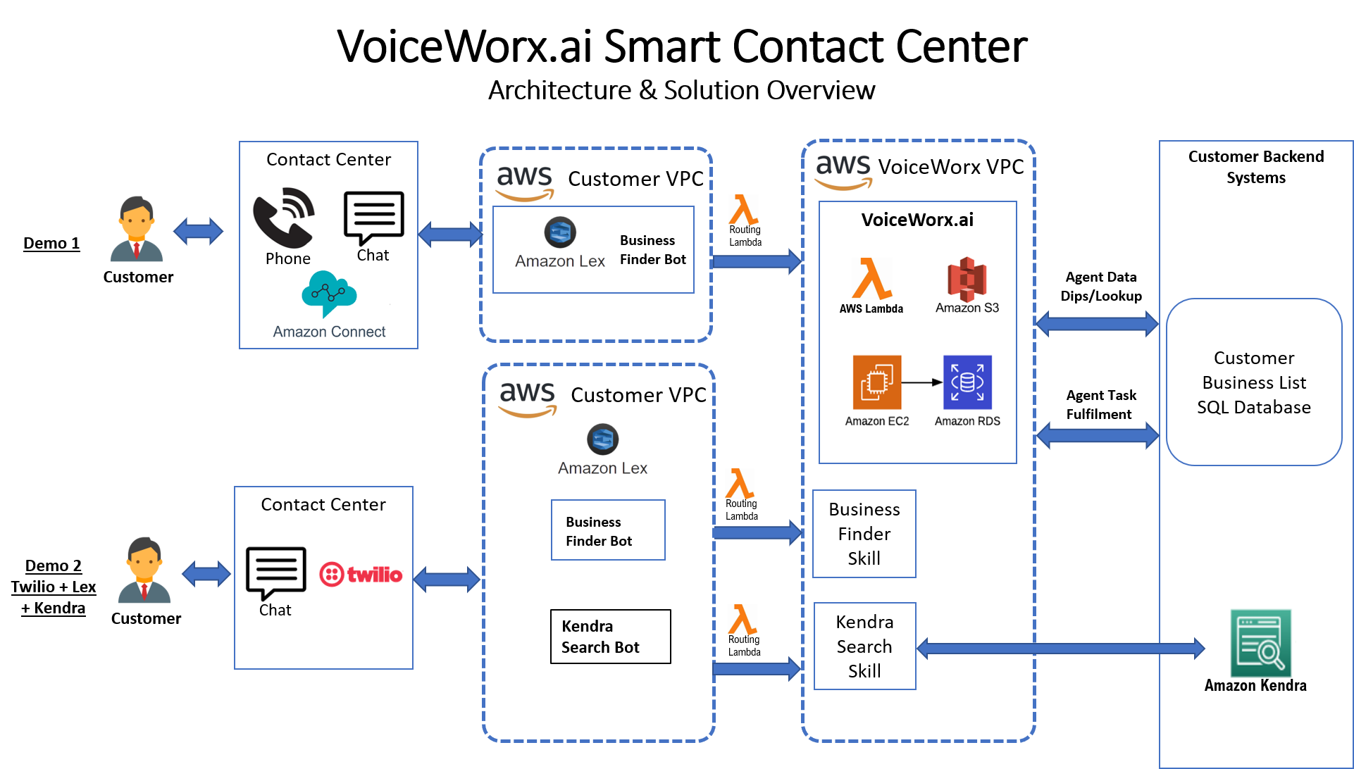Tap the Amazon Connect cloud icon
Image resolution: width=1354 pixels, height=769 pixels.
click(x=329, y=293)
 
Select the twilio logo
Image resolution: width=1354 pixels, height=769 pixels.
click(x=361, y=574)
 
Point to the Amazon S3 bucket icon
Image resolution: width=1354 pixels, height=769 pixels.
click(x=967, y=279)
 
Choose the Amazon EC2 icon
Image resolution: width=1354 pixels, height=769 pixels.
click(x=877, y=382)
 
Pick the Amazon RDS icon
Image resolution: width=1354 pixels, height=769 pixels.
click(x=967, y=382)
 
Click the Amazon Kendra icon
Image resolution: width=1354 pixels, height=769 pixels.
click(x=1260, y=643)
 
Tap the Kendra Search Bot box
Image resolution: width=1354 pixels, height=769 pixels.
click(x=610, y=637)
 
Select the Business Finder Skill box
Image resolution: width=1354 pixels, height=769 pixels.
click(x=864, y=534)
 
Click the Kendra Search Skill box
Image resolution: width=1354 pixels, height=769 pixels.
click(x=864, y=646)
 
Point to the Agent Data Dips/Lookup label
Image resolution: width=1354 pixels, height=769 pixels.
click(x=1101, y=287)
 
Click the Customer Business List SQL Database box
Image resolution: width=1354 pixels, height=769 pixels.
click(x=1254, y=382)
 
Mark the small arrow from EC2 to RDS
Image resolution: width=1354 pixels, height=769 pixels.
click(x=921, y=382)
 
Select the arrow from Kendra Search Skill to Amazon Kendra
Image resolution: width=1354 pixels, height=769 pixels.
click(x=1060, y=648)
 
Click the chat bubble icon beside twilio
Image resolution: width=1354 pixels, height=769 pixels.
click(x=275, y=571)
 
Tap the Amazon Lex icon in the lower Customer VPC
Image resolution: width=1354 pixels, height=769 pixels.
click(x=602, y=439)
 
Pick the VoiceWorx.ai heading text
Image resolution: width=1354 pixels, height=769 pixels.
click(x=917, y=220)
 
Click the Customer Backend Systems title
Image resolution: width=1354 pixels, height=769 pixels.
click(x=1255, y=167)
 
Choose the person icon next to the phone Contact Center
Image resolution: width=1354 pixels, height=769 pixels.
click(x=137, y=230)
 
